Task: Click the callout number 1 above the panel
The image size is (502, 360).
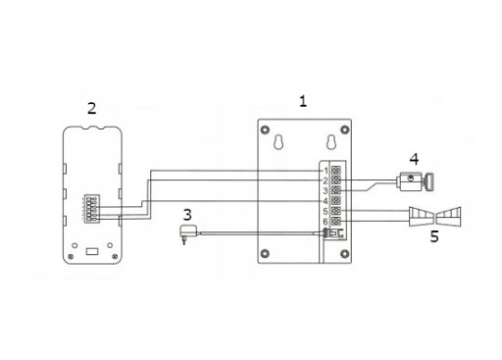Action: [303, 101]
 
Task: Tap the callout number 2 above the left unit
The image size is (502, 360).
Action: [92, 108]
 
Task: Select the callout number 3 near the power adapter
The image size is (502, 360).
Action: [187, 215]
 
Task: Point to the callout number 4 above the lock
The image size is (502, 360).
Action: [414, 159]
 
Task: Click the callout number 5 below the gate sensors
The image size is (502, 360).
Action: [434, 236]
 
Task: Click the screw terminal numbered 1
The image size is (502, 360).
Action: [336, 170]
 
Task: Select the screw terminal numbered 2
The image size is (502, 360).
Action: [336, 180]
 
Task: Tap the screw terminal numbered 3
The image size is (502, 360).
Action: [336, 190]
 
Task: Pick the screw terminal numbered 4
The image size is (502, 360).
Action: [336, 200]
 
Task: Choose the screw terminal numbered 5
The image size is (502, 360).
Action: [336, 211]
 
